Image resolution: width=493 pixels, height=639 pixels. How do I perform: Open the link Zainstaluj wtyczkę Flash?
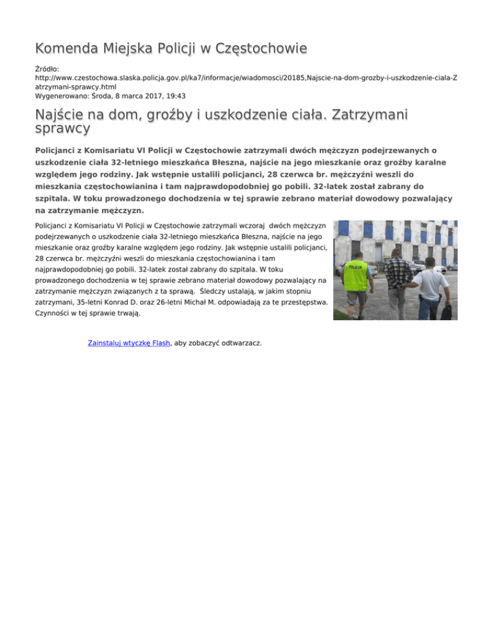point(128,343)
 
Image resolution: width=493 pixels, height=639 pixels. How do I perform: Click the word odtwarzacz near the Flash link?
point(239,343)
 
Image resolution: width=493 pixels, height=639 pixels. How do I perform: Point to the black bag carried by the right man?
point(445,310)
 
